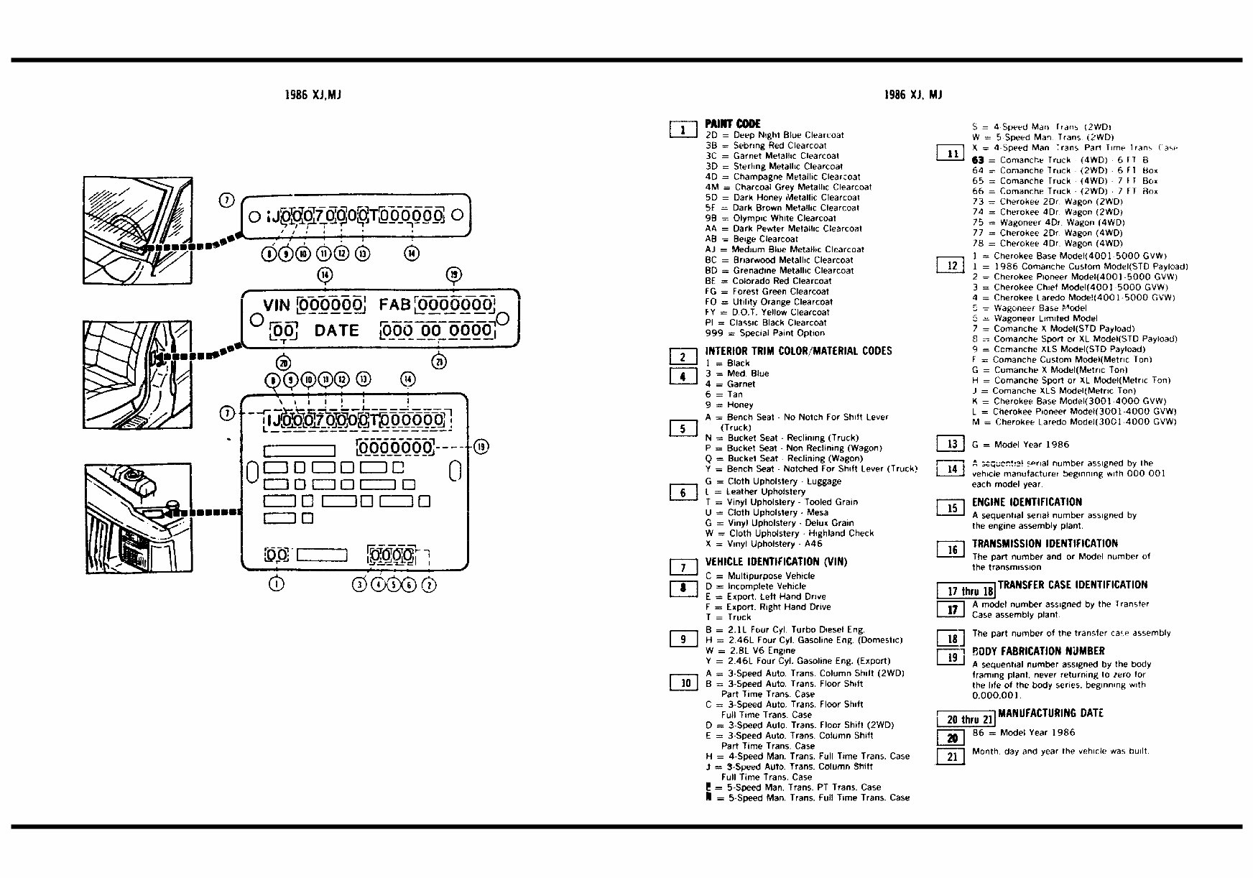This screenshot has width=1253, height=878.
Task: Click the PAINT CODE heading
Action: click(x=732, y=124)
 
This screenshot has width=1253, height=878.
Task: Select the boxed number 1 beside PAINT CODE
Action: click(x=683, y=129)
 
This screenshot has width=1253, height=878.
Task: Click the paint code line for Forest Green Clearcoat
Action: click(x=767, y=292)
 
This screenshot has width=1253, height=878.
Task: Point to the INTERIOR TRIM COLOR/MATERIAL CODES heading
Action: click(x=798, y=351)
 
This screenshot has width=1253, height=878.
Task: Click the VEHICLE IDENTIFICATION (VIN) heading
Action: click(x=776, y=562)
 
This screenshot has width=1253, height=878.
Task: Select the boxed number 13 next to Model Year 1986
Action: click(x=951, y=444)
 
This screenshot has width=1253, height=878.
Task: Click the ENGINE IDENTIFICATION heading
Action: click(x=1027, y=502)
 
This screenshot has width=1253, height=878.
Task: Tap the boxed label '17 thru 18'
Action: click(x=966, y=591)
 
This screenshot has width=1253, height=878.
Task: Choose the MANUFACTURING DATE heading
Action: click(x=1050, y=713)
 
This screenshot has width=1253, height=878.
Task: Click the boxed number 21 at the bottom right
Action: click(x=951, y=757)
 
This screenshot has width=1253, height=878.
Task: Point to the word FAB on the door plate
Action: click(x=394, y=305)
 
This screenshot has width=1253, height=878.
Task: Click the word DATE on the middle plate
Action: click(x=336, y=331)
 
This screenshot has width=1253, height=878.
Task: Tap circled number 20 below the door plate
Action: click(x=284, y=363)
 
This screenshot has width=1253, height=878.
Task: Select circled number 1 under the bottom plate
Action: click(x=276, y=584)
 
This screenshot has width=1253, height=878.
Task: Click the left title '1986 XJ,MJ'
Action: click(x=313, y=95)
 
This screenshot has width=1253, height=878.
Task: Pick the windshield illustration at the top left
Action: click(x=138, y=230)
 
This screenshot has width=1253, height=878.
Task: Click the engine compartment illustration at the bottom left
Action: click(x=138, y=517)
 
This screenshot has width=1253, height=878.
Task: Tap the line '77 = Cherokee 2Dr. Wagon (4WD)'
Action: click(x=1047, y=233)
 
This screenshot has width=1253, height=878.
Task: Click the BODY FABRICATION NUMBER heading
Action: click(x=1038, y=652)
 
